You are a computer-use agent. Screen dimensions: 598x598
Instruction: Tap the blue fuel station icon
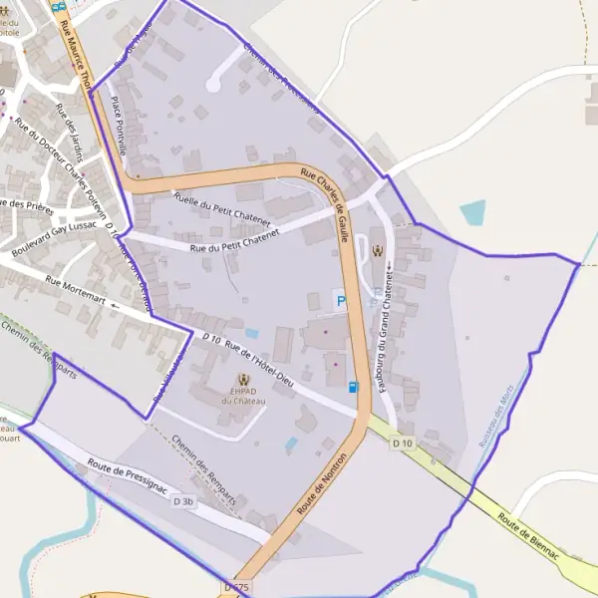tap(353, 387)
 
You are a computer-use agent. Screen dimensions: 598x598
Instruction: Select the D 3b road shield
tap(184, 502)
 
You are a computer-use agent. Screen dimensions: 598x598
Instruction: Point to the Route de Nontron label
tap(322, 487)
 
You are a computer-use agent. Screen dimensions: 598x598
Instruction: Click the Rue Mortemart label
tap(77, 293)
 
